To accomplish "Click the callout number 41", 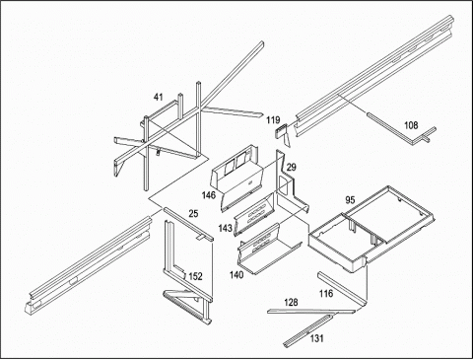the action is [x=159, y=97].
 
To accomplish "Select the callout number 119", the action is [x=273, y=120].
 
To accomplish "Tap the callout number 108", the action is [x=411, y=125].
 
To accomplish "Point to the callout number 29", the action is [x=291, y=167].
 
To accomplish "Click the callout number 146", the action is [x=209, y=195].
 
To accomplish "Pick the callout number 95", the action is [x=350, y=200].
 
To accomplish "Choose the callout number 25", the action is [x=193, y=214].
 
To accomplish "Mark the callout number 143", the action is [x=225, y=228].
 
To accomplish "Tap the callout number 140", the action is [x=236, y=274].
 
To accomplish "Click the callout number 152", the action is [x=195, y=276].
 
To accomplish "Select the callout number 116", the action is [x=326, y=293].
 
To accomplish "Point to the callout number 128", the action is [x=291, y=302].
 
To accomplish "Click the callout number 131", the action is [x=316, y=338].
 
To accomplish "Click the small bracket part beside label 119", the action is [x=283, y=135].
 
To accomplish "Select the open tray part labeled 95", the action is [x=371, y=229].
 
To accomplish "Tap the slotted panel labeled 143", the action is [x=253, y=214].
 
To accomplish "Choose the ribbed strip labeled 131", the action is [x=307, y=330].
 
